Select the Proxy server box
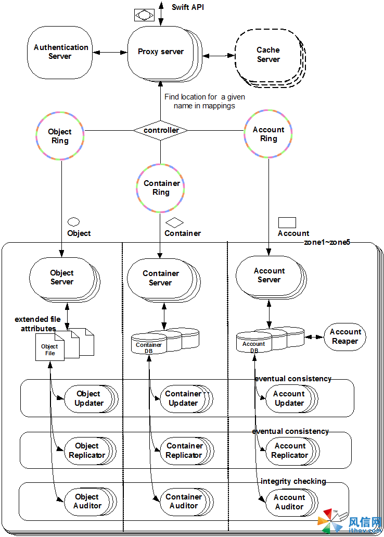pos(160,52)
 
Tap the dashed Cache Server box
pos(268,55)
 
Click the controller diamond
pos(161,130)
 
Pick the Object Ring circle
pos(60,136)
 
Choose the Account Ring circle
pos(268,134)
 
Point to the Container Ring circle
pos(161,188)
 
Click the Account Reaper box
pos(345,336)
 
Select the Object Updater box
pos(89,398)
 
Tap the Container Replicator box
pos(184,451)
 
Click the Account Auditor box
pos(289,502)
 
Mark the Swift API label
pos(187,7)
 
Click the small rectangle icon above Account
pos(287,223)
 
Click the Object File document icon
pos(49,347)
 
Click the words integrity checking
pos(293,481)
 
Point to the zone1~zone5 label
pos(327,242)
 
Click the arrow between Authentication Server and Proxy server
pos(110,52)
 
